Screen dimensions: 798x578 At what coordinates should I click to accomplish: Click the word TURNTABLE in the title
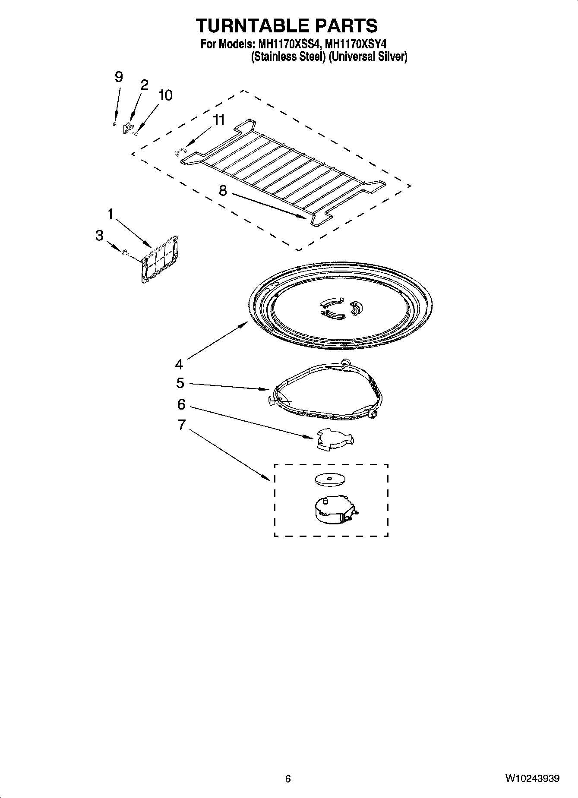pos(246,25)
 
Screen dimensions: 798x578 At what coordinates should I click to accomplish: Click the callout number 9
pos(118,77)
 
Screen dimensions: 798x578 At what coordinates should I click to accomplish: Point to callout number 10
pos(165,95)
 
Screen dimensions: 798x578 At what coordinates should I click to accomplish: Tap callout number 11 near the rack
pos(219,120)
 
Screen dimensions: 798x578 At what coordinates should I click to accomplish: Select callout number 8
pos(223,190)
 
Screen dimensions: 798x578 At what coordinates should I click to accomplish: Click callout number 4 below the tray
pos(179,364)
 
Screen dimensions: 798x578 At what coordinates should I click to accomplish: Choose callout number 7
pos(181,425)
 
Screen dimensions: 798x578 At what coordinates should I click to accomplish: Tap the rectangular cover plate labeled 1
pos(160,260)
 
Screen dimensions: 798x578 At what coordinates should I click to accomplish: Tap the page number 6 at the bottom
pos(288,779)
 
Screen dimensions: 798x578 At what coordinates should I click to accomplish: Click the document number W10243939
pos(533,779)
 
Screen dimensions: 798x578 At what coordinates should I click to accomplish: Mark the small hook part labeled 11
pos(180,151)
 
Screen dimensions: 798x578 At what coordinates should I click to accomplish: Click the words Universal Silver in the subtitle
pos(367,57)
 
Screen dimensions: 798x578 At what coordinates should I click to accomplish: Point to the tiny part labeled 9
pos(114,124)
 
